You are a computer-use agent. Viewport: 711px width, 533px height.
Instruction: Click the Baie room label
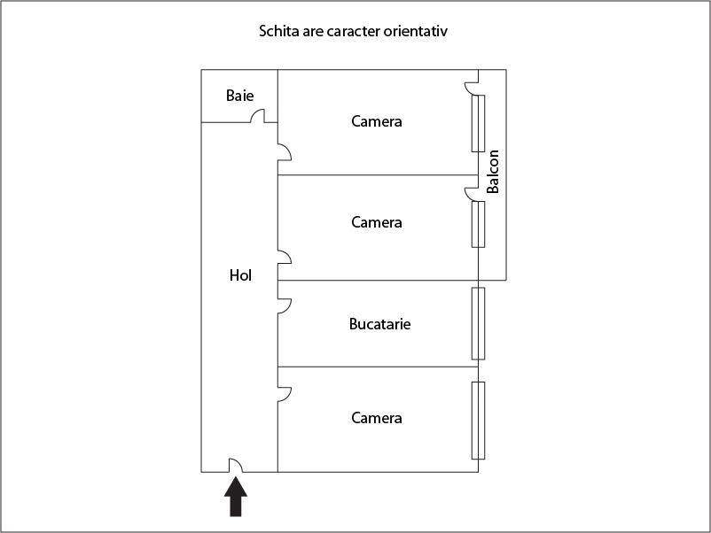coord(240,96)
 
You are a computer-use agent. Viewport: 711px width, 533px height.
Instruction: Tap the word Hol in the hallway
coord(240,275)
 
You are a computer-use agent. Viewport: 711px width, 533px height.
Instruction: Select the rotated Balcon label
coord(492,172)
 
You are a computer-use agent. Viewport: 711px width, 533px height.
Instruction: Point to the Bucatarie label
coord(380,324)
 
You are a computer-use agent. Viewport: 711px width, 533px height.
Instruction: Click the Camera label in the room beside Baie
coord(377,121)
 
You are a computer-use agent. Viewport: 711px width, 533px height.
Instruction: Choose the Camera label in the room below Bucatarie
coord(377,418)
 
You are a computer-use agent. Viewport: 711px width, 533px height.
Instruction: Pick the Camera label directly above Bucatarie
coord(377,222)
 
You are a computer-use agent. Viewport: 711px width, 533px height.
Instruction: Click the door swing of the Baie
coord(257,116)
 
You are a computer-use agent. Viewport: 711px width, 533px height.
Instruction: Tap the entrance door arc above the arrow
coord(235,465)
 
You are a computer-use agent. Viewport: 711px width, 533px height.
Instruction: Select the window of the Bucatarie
coord(478,323)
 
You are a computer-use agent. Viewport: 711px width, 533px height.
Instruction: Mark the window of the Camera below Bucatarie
coord(478,421)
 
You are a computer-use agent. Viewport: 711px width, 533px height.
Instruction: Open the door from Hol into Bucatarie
coord(285,305)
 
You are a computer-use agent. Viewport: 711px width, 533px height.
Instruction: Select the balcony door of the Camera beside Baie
coord(472,89)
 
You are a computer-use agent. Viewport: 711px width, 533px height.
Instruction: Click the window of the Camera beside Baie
coord(478,123)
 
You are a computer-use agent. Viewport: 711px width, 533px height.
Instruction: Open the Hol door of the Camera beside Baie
coord(285,152)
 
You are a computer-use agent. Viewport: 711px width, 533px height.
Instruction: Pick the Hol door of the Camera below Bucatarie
coord(285,394)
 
